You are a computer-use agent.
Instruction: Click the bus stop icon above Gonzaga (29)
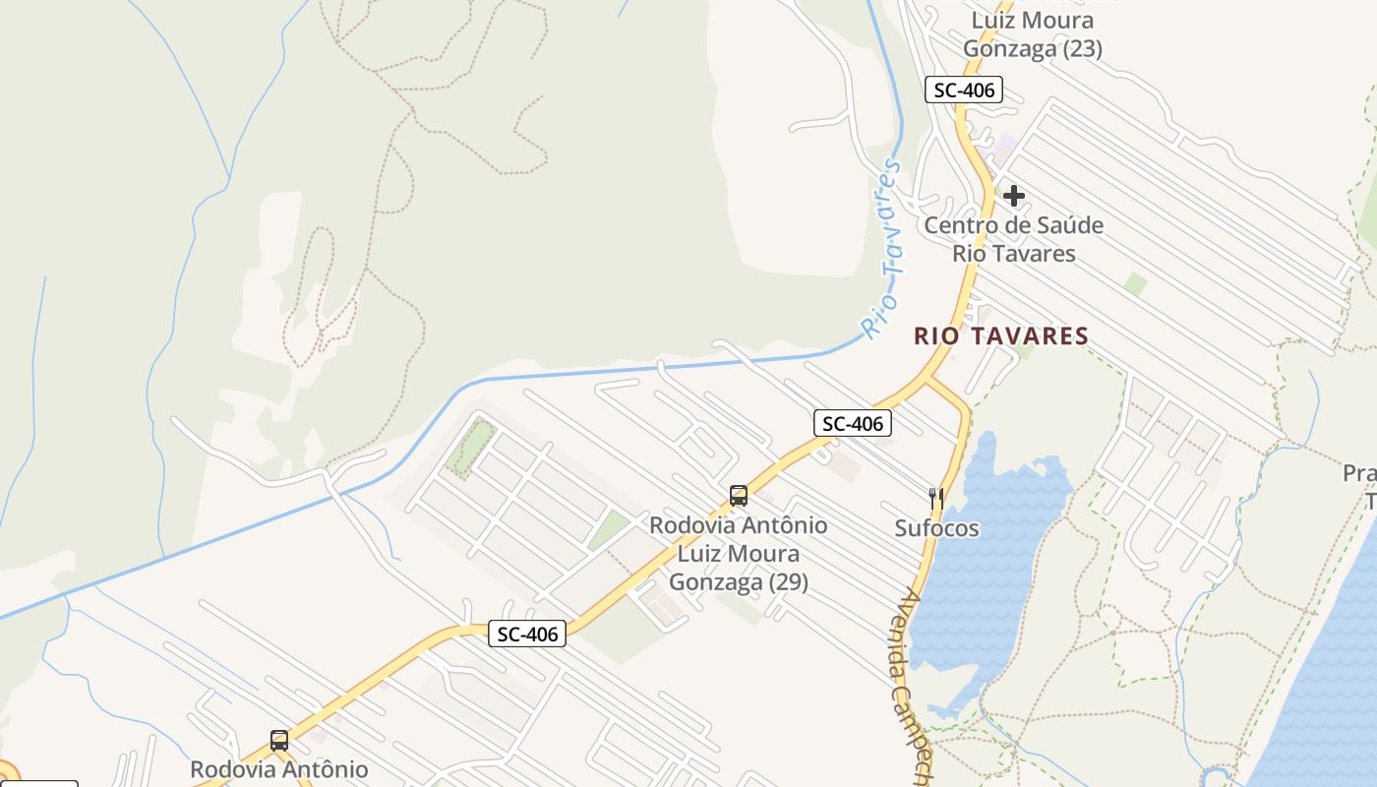click(739, 496)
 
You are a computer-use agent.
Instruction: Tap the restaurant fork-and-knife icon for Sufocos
click(936, 499)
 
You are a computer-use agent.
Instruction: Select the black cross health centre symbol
click(1014, 196)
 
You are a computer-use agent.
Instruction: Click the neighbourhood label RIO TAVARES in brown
click(1001, 336)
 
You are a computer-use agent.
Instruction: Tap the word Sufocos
click(936, 529)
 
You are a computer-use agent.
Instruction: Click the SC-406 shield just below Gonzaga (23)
click(963, 91)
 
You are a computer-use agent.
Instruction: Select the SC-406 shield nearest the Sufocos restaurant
click(853, 424)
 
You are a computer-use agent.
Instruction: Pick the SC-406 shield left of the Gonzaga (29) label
click(528, 635)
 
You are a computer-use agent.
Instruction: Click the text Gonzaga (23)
click(1033, 49)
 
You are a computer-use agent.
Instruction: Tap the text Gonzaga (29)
click(739, 582)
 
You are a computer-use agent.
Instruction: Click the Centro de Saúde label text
click(1013, 225)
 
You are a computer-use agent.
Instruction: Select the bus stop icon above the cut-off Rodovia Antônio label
click(279, 741)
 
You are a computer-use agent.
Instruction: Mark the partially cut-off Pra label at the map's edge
click(1360, 474)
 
